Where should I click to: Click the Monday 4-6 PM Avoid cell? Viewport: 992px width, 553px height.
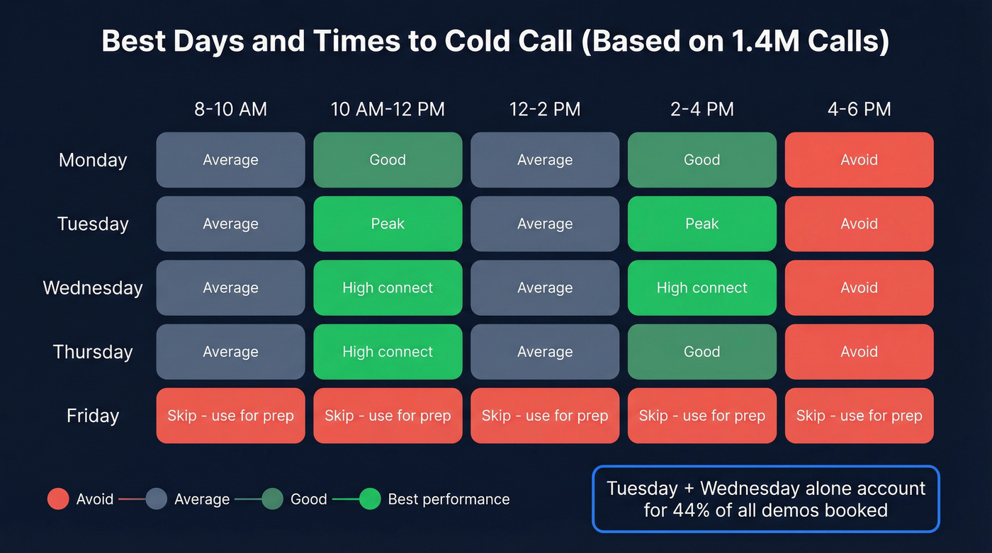point(859,160)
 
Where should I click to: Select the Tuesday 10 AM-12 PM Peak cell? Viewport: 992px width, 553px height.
point(388,224)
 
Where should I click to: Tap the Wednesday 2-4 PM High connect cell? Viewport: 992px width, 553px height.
point(701,287)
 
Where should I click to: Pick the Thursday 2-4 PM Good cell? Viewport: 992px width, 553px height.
point(701,352)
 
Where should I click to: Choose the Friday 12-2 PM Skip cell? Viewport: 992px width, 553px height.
point(544,416)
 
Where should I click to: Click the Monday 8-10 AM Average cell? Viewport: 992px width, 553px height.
point(230,160)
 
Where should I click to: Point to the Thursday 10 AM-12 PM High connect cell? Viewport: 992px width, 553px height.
point(388,352)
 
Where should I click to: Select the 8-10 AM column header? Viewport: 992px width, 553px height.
point(230,110)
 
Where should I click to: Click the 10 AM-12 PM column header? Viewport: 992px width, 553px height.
point(388,110)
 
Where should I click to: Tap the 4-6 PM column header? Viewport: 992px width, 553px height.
point(859,110)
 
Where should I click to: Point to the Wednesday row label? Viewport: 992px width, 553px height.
point(93,288)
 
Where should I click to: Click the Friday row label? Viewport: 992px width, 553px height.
point(93,416)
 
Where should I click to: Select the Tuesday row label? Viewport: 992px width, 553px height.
point(93,224)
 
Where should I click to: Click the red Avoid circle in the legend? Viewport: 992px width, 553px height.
point(57,499)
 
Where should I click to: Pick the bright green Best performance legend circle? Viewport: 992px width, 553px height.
point(370,499)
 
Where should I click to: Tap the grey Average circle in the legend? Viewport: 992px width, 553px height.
point(156,499)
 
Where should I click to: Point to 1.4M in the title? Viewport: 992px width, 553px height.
point(753,42)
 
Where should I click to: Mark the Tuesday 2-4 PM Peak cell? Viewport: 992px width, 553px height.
point(701,224)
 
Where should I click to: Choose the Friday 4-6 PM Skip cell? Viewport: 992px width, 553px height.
point(859,416)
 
